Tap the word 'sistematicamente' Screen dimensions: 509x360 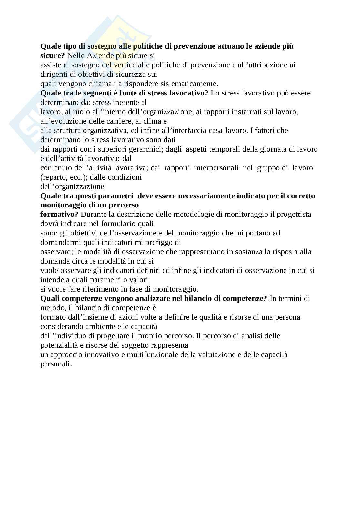click(x=192, y=84)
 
